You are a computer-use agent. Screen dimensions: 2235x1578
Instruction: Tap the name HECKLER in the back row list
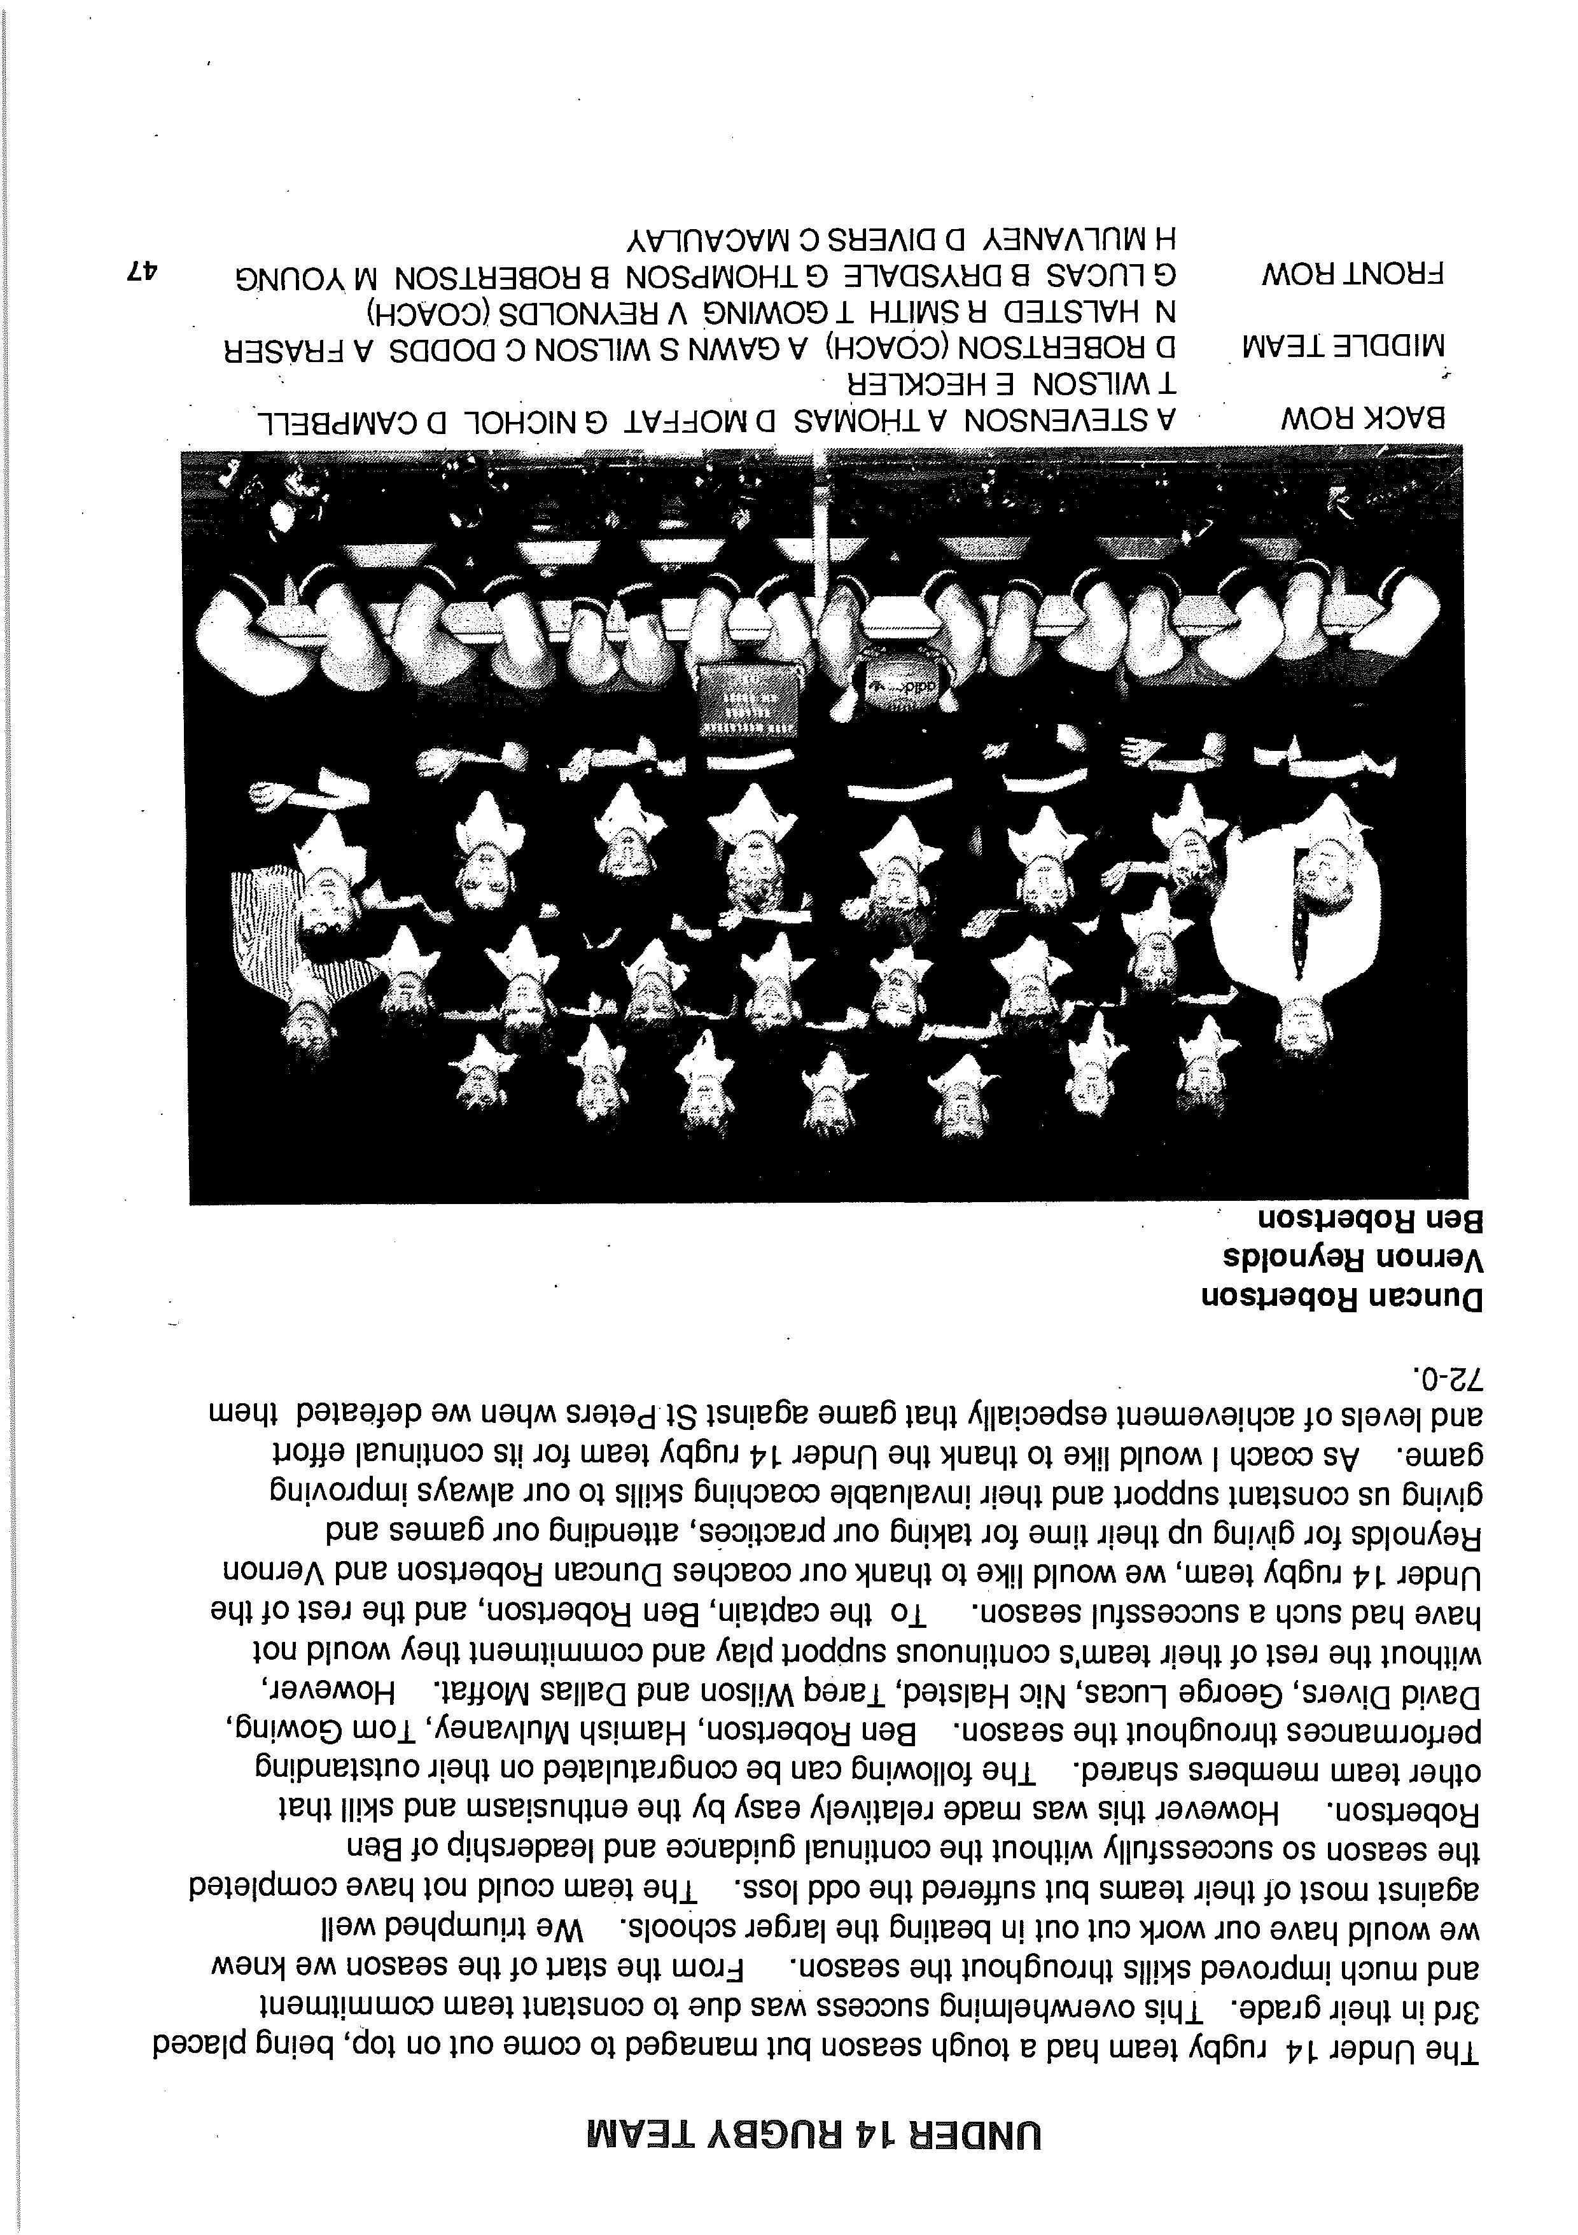(910, 382)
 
